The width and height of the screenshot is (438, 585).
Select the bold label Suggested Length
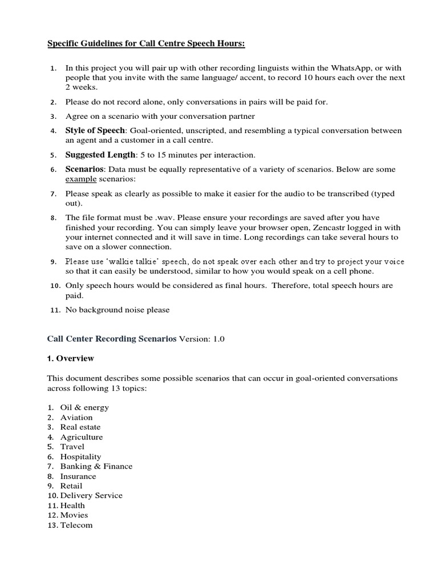[100, 155]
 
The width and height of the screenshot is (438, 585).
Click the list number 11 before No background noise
[55, 310]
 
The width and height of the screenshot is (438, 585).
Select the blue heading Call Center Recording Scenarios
[112, 338]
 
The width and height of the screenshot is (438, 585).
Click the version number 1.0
[219, 339]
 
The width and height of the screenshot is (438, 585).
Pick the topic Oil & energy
[85, 407]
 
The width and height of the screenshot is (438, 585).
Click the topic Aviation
[76, 417]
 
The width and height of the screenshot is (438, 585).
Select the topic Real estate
[80, 427]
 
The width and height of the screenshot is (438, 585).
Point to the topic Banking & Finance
[96, 466]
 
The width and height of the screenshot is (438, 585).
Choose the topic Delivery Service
[91, 495]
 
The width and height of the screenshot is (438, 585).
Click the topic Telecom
[76, 525]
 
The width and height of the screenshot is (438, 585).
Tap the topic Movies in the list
[74, 515]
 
